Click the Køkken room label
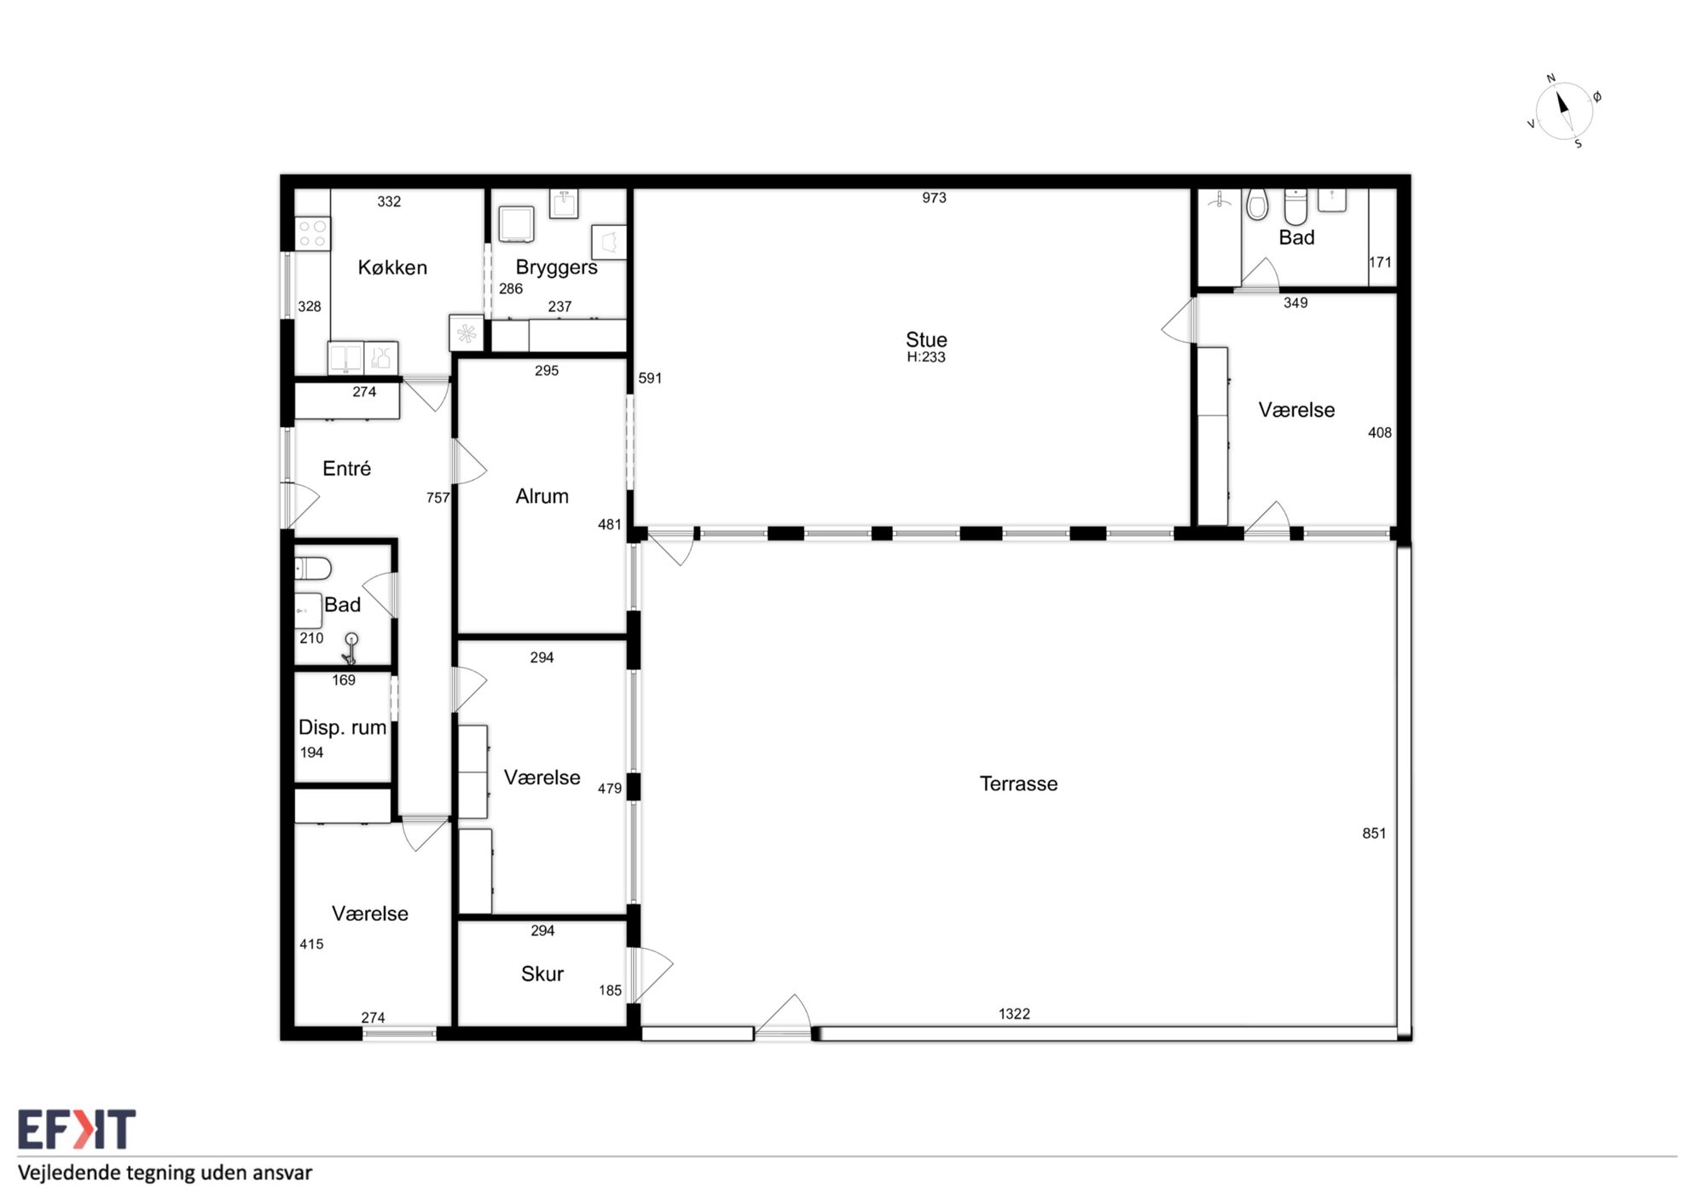[392, 268]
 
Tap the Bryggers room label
[556, 268]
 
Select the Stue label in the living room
[926, 339]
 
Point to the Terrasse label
[1018, 783]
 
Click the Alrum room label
[542, 496]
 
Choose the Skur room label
[542, 974]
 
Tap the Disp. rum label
[342, 728]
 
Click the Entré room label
[346, 468]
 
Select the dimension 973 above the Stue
[934, 198]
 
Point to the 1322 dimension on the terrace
[1014, 1014]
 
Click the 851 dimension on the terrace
[1374, 834]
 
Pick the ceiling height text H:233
[926, 357]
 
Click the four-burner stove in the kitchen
[312, 234]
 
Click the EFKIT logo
[77, 1130]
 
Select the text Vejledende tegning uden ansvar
[165, 1173]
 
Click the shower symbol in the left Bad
[351, 649]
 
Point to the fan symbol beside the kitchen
[466, 333]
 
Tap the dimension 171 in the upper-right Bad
[1380, 263]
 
